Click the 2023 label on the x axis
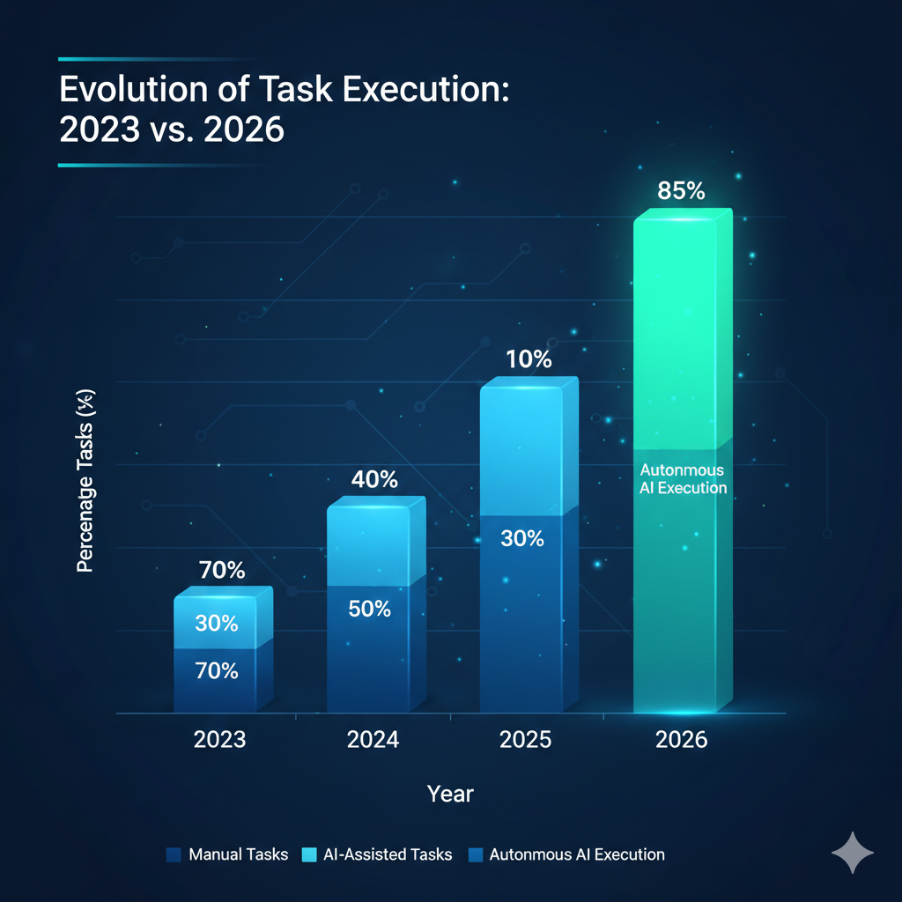(x=220, y=738)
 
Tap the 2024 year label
(x=373, y=738)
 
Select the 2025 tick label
(x=526, y=738)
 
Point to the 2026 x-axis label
(x=682, y=738)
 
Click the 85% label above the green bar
(x=683, y=190)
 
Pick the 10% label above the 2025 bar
(x=529, y=359)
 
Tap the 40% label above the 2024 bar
(x=374, y=480)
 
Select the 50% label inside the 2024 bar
(x=369, y=608)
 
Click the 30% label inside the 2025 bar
(x=522, y=537)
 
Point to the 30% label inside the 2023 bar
(x=217, y=623)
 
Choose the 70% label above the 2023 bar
(x=222, y=570)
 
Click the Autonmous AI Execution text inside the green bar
(x=684, y=478)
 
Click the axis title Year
(x=450, y=794)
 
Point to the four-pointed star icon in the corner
(x=853, y=853)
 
